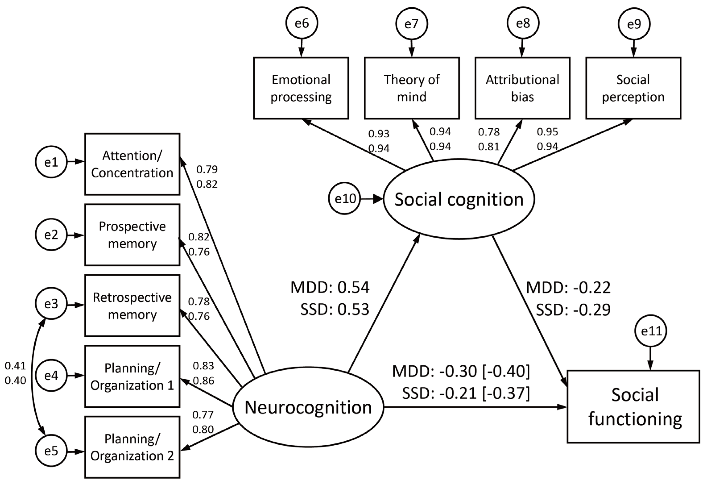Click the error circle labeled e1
point(51,162)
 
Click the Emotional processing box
point(301,88)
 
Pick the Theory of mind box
point(412,88)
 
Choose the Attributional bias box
point(522,88)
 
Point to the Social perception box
point(633,88)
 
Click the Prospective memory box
point(132,235)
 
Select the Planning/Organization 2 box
point(132,447)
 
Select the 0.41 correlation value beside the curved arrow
point(15,366)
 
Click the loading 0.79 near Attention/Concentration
point(207,169)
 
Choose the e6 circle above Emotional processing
point(302,23)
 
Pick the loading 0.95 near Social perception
point(547,132)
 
